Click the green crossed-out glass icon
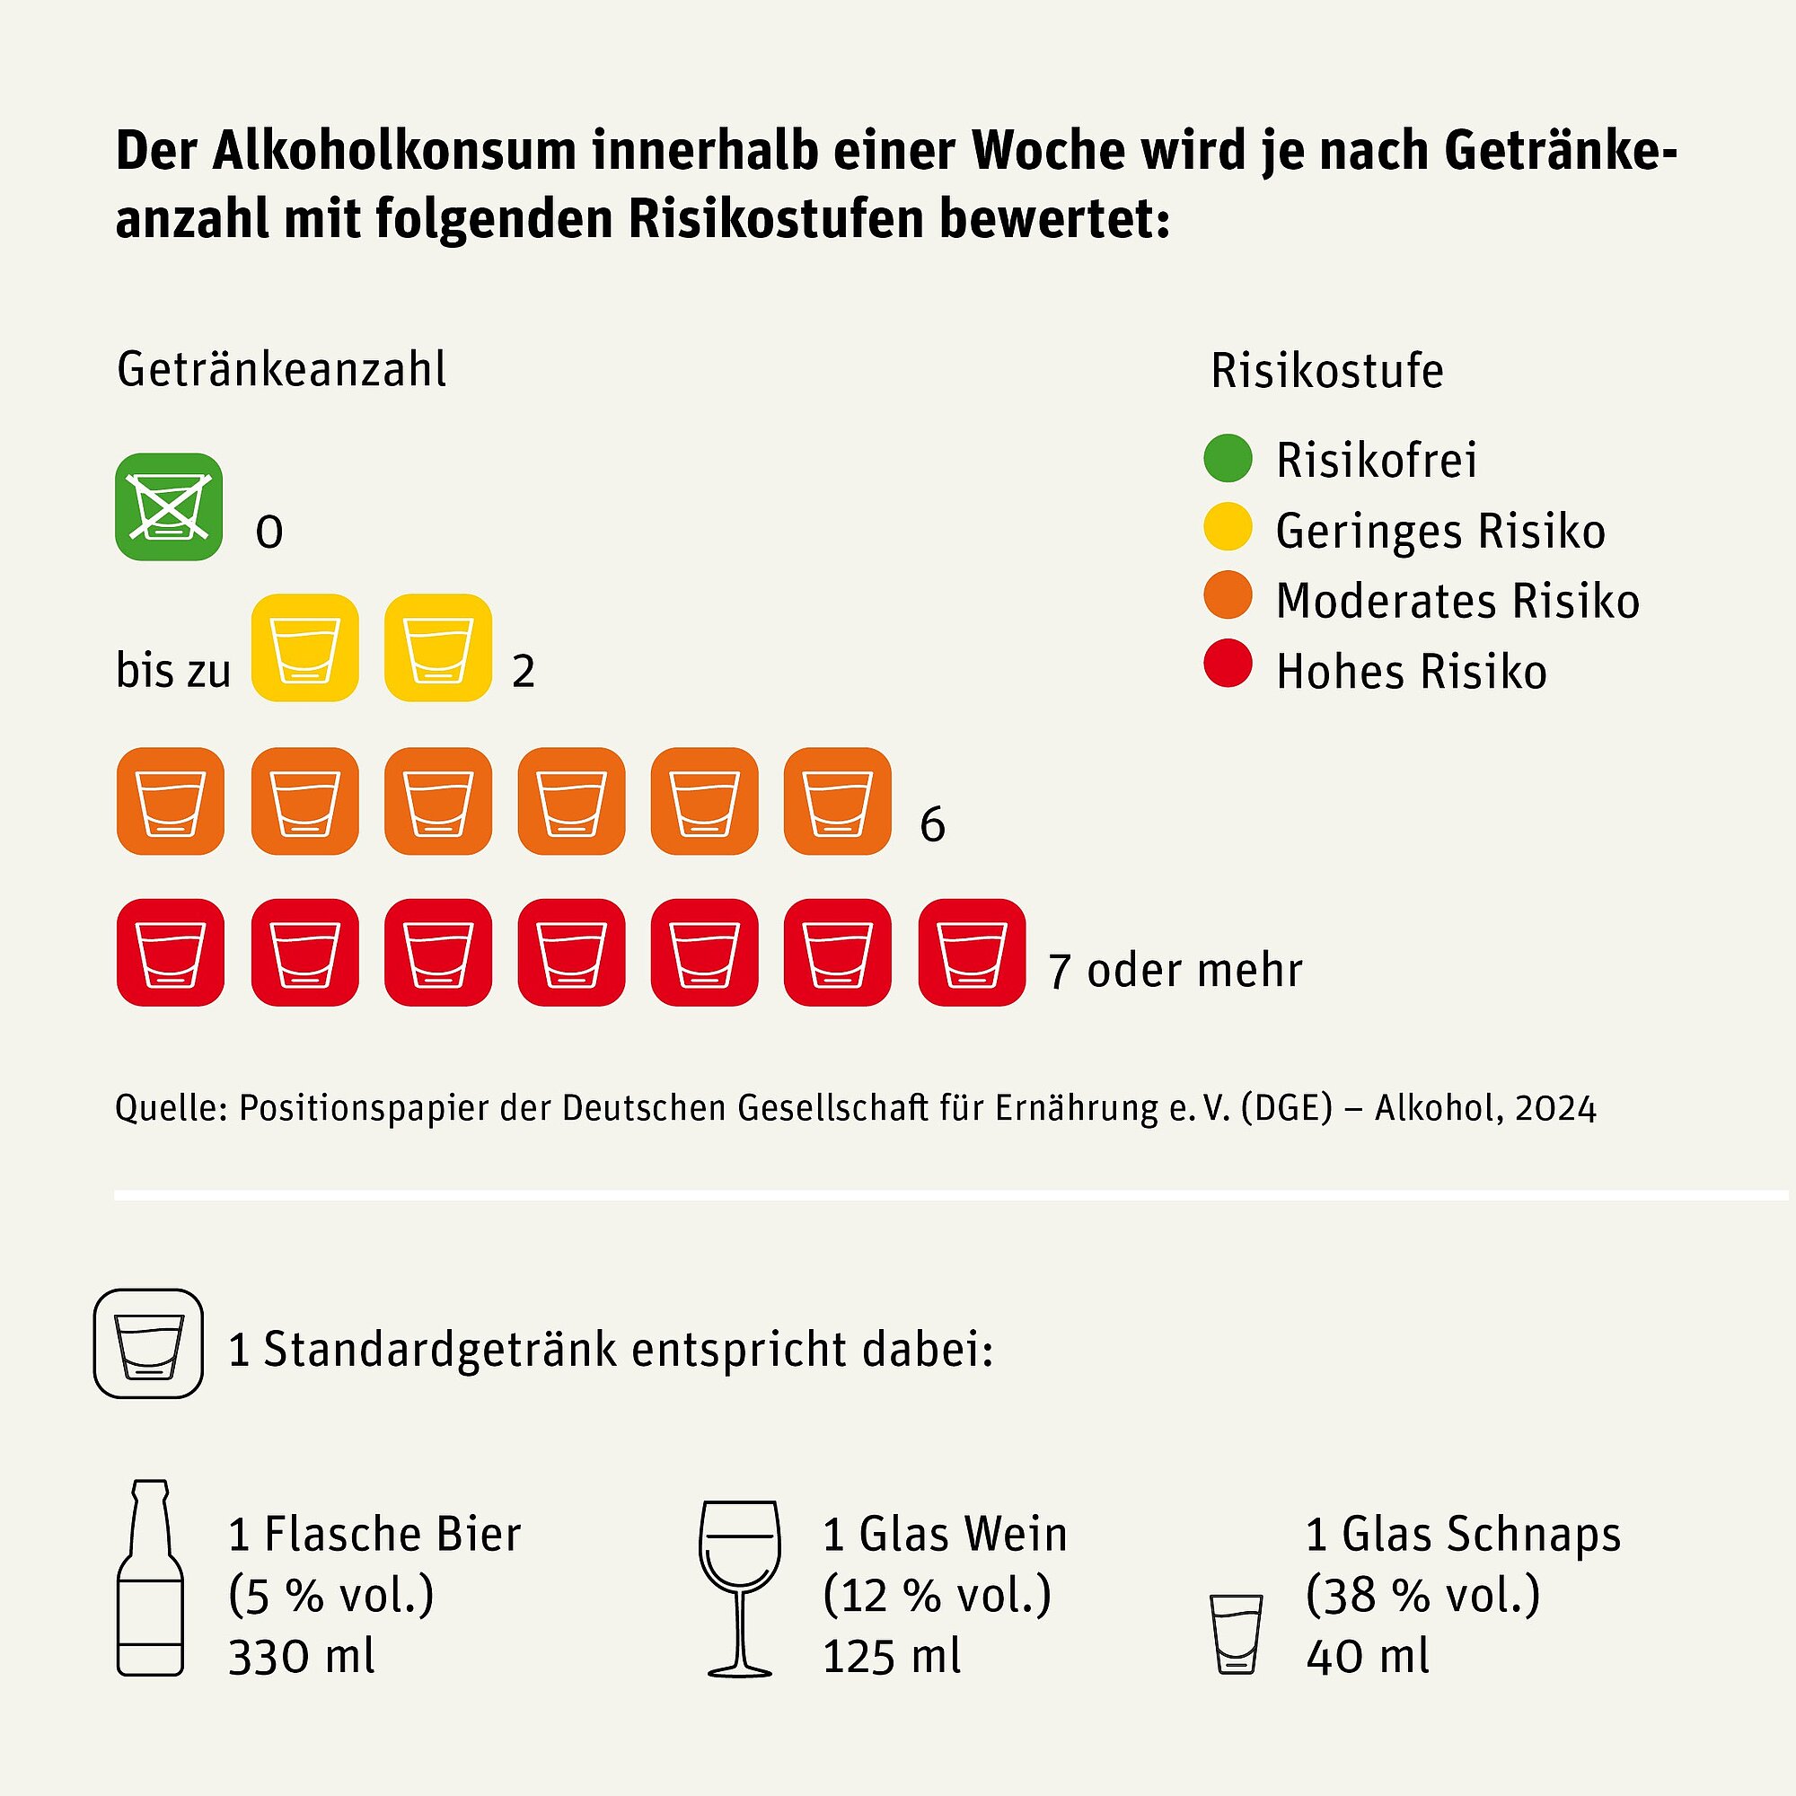(x=168, y=506)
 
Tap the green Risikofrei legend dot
(x=1227, y=458)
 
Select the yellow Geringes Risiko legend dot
(x=1227, y=527)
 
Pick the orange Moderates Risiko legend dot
(x=1227, y=595)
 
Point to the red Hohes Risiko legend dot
(x=1227, y=664)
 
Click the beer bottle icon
(x=150, y=1577)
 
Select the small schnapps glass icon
(x=1236, y=1633)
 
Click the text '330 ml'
(x=301, y=1657)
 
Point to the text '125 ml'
(x=892, y=1657)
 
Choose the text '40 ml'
(x=1367, y=1657)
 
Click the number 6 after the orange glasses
(x=931, y=825)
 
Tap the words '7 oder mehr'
(x=1175, y=971)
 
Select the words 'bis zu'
(x=173, y=670)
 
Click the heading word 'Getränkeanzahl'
(x=281, y=370)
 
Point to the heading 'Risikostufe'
(x=1326, y=371)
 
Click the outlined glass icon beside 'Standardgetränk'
(x=148, y=1343)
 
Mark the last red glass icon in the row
(x=972, y=952)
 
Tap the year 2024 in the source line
(x=1554, y=1108)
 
